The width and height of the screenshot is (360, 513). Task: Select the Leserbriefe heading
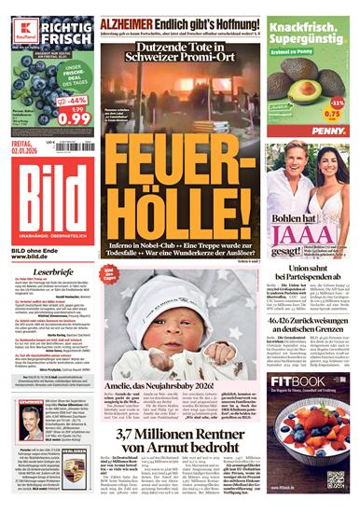(44, 272)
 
